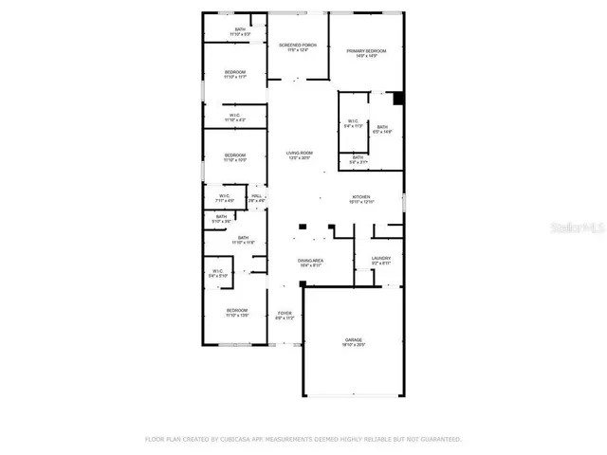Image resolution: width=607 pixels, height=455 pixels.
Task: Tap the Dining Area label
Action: tap(311, 262)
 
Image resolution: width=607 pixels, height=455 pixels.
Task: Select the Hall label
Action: tap(257, 198)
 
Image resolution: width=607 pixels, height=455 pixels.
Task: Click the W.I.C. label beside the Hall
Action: tap(225, 198)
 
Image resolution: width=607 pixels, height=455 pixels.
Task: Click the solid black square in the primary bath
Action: tap(399, 97)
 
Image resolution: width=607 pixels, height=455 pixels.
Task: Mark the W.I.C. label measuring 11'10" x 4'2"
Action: tap(235, 118)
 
